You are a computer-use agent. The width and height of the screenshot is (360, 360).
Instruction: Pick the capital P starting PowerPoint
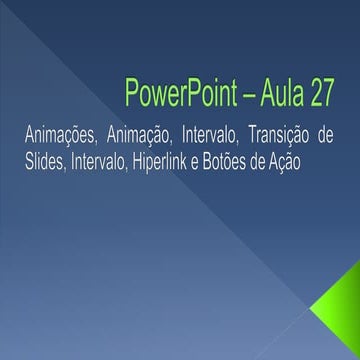(x=130, y=93)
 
